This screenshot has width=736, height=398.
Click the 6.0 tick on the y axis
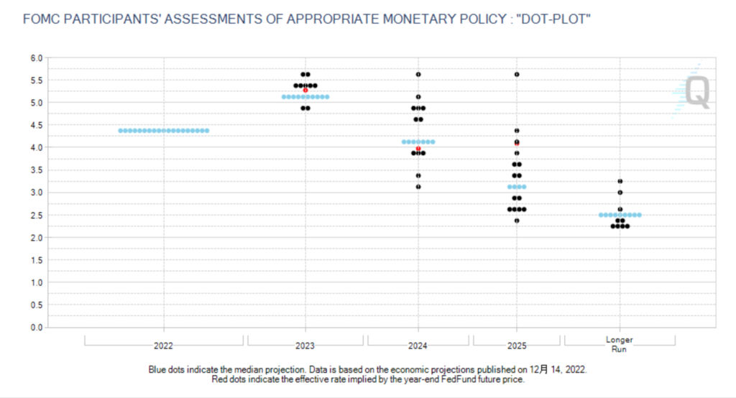pyautogui.click(x=37, y=57)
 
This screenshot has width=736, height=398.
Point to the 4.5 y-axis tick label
pyautogui.click(x=37, y=125)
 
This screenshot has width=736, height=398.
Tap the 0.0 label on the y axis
pyautogui.click(x=37, y=328)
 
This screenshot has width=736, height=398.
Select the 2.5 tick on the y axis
pyautogui.click(x=37, y=215)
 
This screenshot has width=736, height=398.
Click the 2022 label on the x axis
pyautogui.click(x=164, y=346)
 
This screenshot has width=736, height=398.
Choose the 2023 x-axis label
pyautogui.click(x=305, y=346)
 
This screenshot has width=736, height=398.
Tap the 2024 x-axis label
pyautogui.click(x=418, y=346)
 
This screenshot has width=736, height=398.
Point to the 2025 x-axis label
pyautogui.click(x=517, y=346)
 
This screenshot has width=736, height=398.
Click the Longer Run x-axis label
pyautogui.click(x=620, y=343)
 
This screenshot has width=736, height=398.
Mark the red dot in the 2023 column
pyautogui.click(x=305, y=91)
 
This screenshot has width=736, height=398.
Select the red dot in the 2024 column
pyautogui.click(x=418, y=148)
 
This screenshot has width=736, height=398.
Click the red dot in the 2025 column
pyautogui.click(x=517, y=143)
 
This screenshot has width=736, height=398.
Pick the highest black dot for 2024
pyautogui.click(x=418, y=74)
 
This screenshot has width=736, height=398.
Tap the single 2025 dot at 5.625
pyautogui.click(x=517, y=74)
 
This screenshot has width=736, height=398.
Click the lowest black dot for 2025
pyautogui.click(x=517, y=221)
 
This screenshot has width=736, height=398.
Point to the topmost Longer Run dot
pyautogui.click(x=620, y=181)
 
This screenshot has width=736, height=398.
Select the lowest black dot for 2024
pyautogui.click(x=418, y=187)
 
